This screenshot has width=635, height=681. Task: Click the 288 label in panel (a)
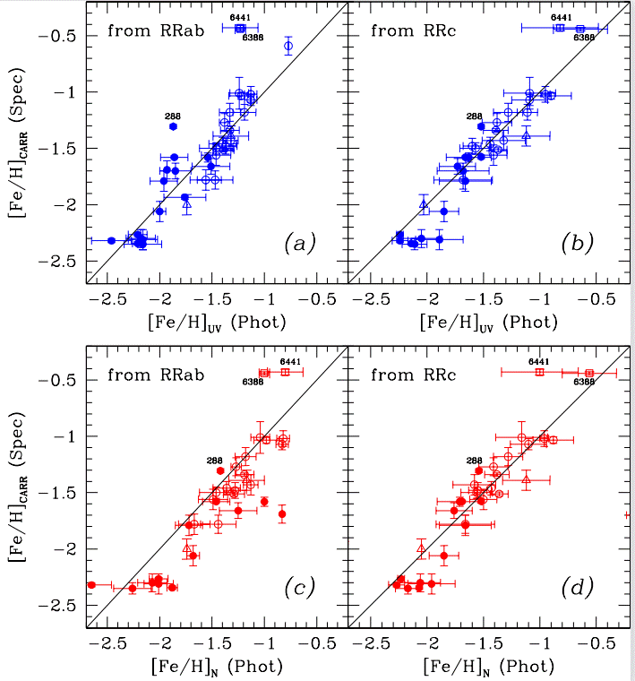coord(173,116)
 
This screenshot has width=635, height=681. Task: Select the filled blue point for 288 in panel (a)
coord(173,126)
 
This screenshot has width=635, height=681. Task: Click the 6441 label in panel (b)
coord(561,17)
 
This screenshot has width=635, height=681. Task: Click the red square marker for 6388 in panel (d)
coord(589,373)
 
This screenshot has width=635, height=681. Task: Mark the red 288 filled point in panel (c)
coord(220,470)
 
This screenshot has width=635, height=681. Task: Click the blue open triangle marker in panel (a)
coord(186,204)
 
